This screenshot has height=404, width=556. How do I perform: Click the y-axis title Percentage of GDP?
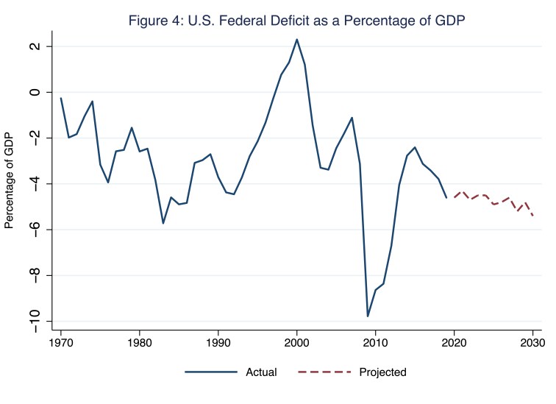10,180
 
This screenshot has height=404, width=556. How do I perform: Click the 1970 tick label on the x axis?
61,343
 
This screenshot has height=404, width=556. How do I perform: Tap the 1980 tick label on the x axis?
140,343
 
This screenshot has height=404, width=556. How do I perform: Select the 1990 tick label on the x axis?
218,343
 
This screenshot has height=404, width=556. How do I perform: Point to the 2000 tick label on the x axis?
296,343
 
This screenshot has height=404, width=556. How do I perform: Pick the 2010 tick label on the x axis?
375,343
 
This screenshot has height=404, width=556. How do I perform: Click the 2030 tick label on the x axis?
532,343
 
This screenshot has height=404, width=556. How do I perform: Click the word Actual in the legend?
261,372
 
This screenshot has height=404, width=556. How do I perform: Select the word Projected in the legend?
382,372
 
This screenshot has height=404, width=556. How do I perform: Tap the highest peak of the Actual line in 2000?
296,40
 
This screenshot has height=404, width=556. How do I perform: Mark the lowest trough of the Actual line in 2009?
368,316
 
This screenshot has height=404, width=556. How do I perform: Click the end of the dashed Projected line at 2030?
532,216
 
